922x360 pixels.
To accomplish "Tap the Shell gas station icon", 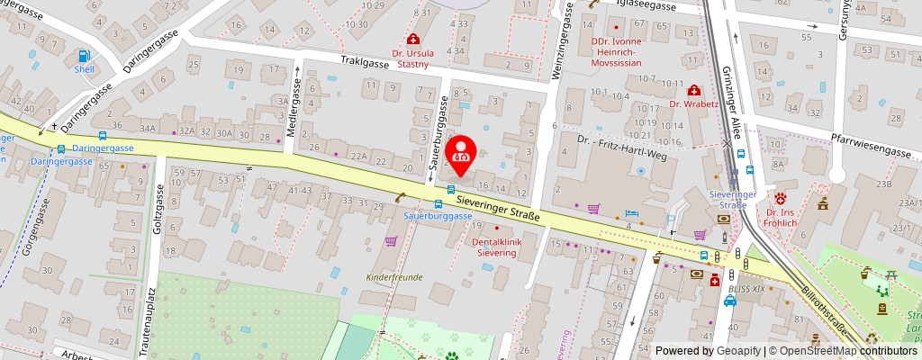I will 84,56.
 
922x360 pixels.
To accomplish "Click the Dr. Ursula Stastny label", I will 413,58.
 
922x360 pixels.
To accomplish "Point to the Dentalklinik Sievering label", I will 495,247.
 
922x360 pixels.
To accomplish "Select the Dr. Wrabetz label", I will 694,103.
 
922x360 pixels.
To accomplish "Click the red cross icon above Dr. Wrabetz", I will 693,89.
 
